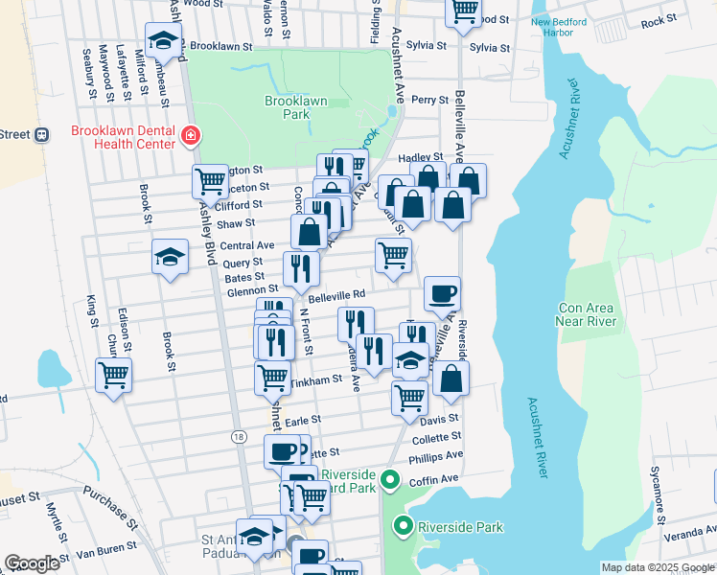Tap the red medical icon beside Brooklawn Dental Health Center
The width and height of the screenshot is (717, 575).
191,137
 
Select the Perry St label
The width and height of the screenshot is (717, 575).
429,100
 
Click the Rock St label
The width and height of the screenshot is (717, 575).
659,20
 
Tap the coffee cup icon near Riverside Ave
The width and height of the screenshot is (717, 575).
442,294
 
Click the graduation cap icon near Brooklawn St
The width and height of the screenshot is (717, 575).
163,40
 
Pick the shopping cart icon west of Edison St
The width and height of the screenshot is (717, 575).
114,375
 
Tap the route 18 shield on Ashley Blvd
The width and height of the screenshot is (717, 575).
237,436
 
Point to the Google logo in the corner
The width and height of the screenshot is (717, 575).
32,563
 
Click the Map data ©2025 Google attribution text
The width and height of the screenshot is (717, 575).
657,567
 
